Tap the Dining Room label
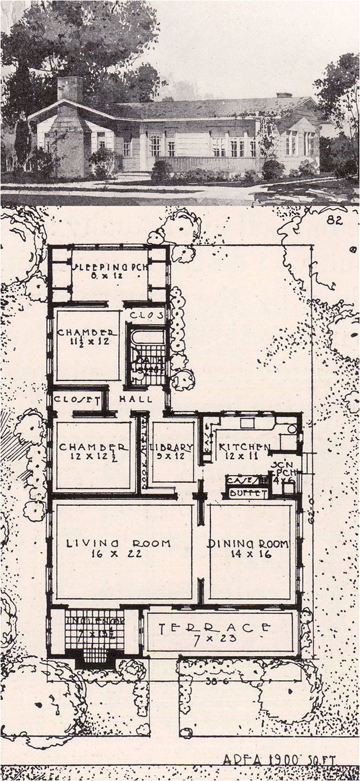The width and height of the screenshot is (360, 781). (248, 544)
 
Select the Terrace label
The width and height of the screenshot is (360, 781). (214, 627)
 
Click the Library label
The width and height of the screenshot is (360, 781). (174, 447)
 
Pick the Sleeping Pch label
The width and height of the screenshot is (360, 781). (110, 267)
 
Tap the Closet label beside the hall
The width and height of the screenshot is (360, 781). (76, 398)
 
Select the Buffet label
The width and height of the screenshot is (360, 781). (248, 493)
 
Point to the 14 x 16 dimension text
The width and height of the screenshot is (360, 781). (248, 554)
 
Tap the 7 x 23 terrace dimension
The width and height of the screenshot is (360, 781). (214, 639)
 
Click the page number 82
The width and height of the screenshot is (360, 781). (334, 221)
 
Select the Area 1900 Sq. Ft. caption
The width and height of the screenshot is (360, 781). (279, 760)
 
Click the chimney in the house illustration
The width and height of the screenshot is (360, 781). (70, 90)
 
